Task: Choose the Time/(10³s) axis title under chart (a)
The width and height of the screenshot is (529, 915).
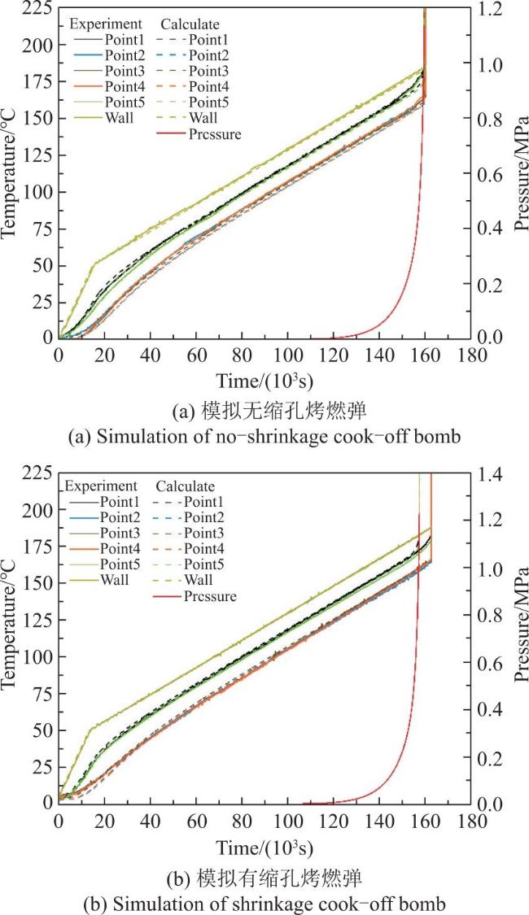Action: (265, 382)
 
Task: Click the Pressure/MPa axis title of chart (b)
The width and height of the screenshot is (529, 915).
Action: (521, 625)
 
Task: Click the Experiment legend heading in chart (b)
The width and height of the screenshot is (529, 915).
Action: (101, 486)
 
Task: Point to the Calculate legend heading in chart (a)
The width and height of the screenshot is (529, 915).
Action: (190, 24)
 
